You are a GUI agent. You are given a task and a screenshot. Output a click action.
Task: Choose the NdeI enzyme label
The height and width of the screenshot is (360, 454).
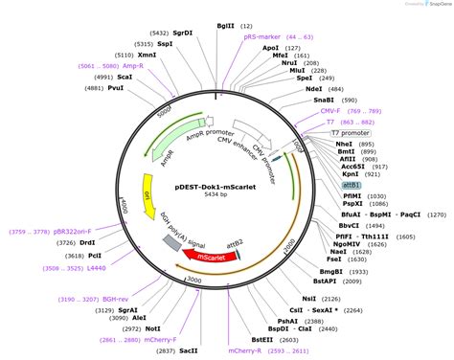314,88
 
